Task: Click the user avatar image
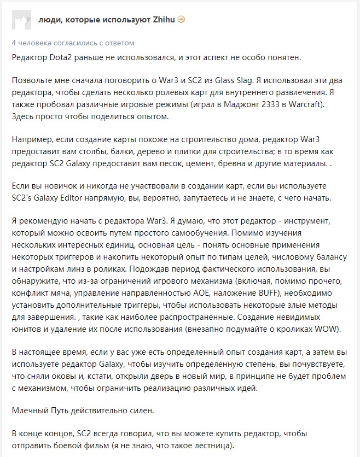tap(20, 20)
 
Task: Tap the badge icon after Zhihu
tap(182, 19)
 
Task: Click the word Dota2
tap(63, 57)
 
